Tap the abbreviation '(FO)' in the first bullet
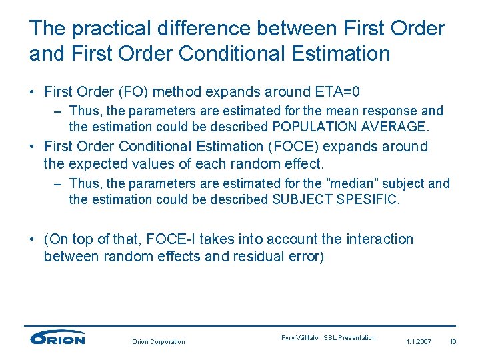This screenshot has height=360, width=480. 136,91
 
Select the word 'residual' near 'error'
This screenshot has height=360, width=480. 261,256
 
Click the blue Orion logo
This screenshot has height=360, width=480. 57,337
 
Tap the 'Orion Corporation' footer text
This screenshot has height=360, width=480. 159,342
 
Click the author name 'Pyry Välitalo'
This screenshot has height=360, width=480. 300,338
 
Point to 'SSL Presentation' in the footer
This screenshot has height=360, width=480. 350,338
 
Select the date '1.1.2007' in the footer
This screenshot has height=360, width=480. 419,342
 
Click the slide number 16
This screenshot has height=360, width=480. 453,342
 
